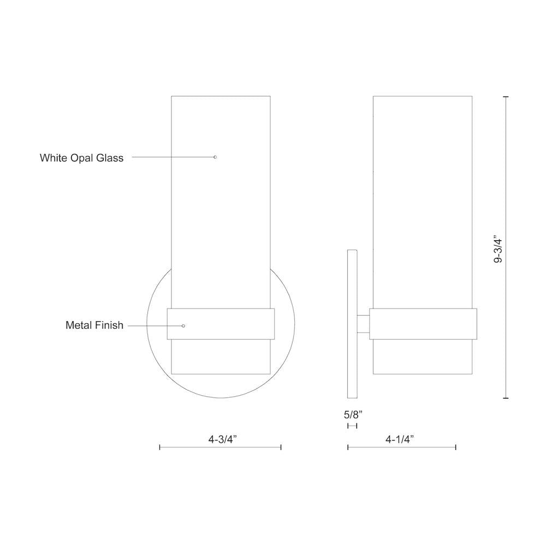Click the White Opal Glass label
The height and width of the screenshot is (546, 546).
(x=81, y=158)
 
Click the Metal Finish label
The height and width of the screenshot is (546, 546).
(x=94, y=325)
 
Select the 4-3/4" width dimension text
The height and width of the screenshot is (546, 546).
(x=220, y=438)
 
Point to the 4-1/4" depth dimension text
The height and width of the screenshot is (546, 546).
(x=400, y=438)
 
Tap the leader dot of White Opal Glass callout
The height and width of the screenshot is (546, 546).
(x=215, y=157)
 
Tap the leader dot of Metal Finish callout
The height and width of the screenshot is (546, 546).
(x=183, y=326)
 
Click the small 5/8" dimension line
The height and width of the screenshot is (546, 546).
(x=352, y=426)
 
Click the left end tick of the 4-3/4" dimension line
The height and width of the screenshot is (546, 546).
(x=159, y=447)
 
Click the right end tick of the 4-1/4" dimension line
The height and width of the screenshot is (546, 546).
(x=455, y=447)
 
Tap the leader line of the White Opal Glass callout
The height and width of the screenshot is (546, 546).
(x=172, y=157)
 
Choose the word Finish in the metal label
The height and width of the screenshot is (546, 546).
(x=109, y=325)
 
